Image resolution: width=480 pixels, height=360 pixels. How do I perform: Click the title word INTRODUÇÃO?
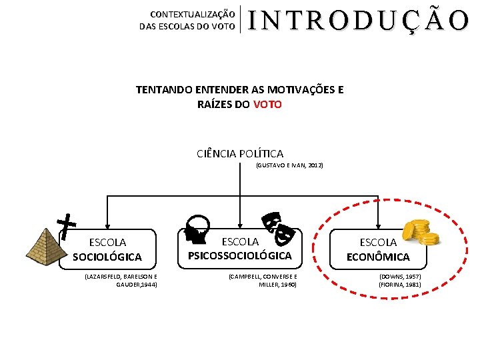359,21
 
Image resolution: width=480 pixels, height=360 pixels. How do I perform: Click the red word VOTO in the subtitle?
267,104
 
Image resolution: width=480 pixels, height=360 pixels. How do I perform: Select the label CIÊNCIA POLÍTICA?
240,154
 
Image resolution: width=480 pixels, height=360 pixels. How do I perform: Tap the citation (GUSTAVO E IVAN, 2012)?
289,165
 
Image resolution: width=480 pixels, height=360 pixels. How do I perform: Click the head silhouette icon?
197,228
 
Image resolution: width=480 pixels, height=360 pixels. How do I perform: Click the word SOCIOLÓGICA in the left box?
107,257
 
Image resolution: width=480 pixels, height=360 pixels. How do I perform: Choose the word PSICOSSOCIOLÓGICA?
240,255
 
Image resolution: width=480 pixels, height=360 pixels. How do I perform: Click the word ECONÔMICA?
378,257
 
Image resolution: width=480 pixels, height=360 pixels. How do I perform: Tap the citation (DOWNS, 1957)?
400,276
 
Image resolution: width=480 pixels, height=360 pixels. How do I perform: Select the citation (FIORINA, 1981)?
400,285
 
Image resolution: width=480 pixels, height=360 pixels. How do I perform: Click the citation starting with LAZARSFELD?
121,280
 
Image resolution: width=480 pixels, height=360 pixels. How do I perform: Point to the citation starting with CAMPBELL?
263,280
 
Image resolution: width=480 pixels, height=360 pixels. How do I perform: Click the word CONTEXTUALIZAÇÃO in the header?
192,13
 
